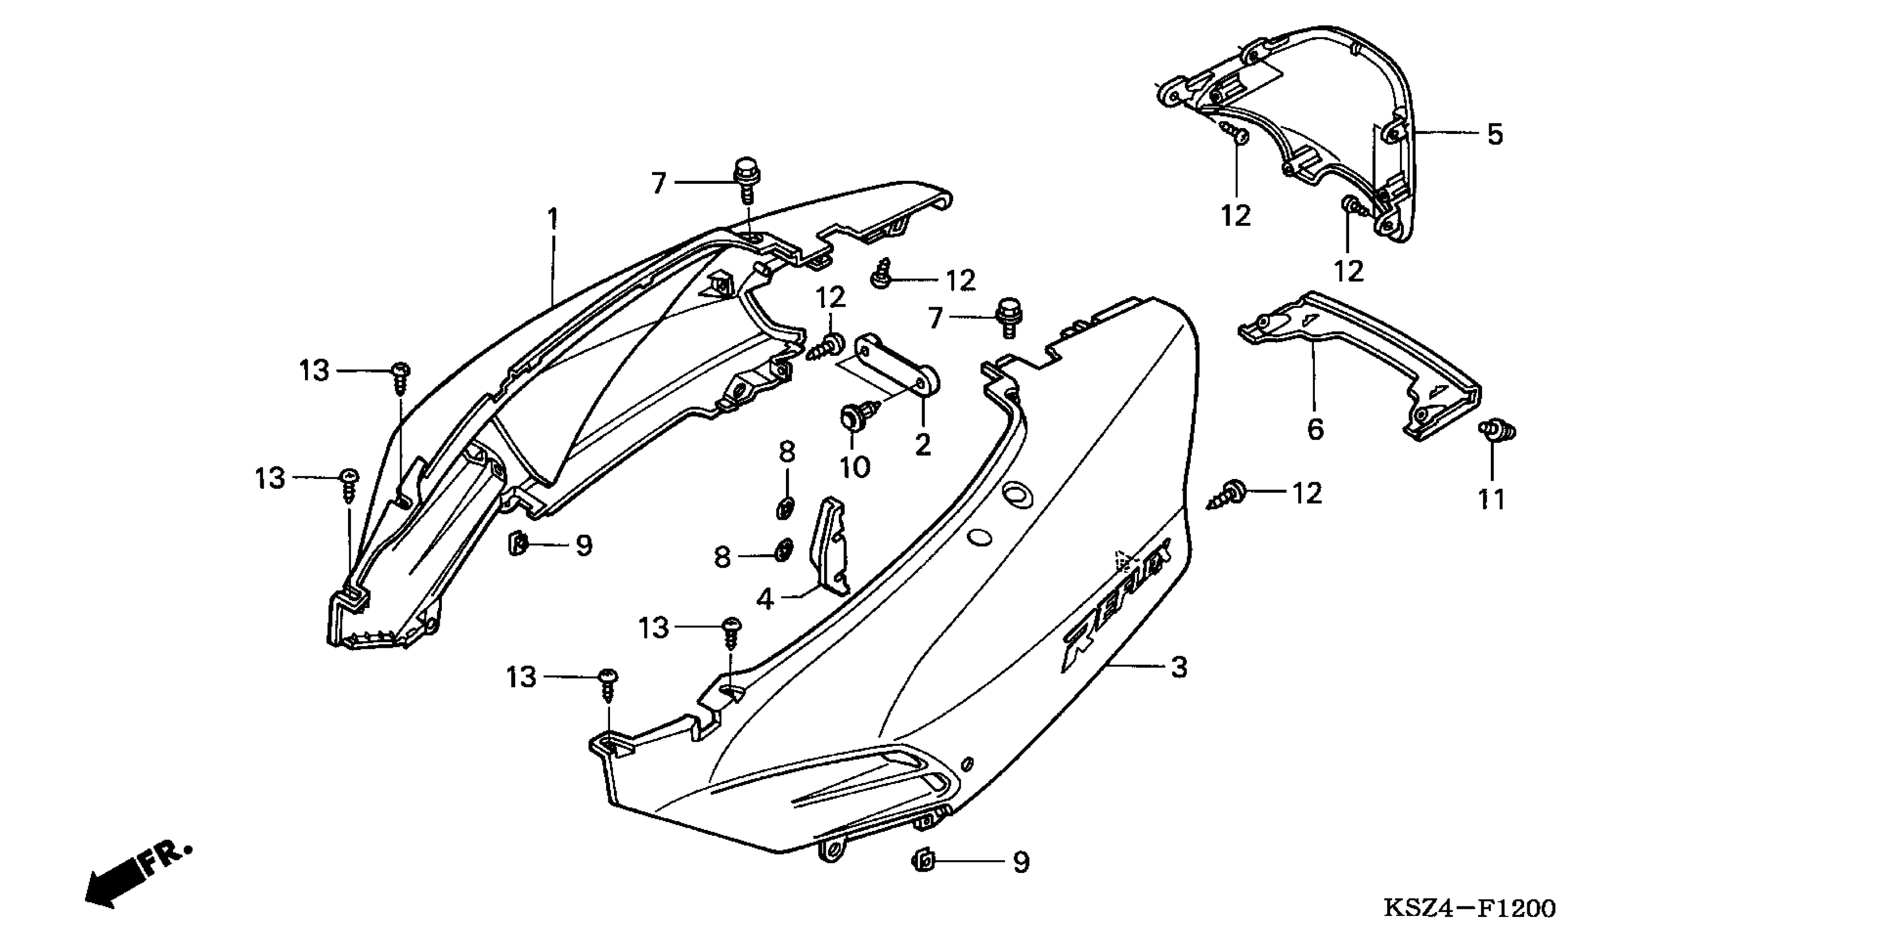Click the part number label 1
pos(553,217)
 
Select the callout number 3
pos(1179,667)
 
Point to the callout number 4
pos(764,599)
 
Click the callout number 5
pos(1494,134)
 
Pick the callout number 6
pos(1314,429)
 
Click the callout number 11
pos(1491,499)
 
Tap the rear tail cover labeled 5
pos(1312,124)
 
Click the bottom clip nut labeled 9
pos(924,861)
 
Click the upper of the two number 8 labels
pos(787,452)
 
